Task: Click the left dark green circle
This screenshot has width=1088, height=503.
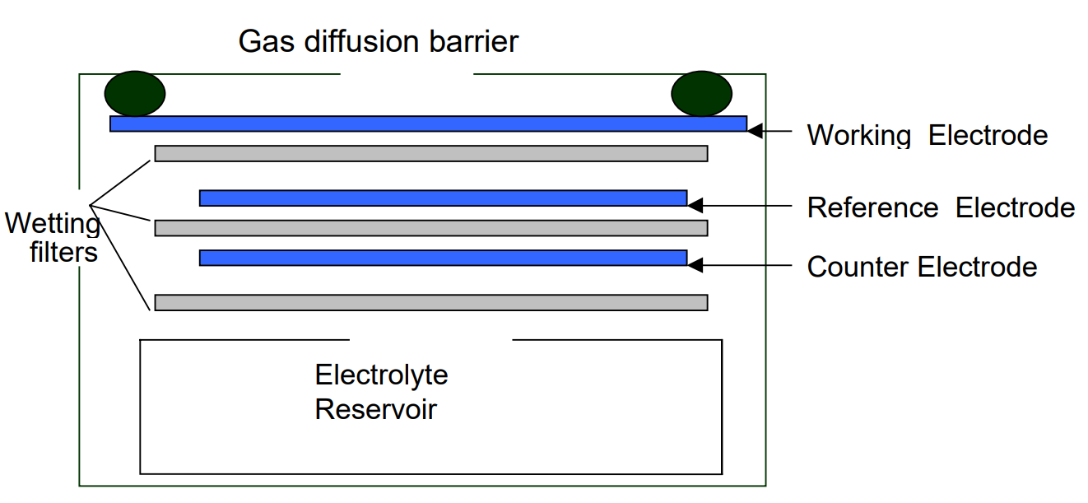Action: point(135,93)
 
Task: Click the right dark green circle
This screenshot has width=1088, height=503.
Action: point(701,93)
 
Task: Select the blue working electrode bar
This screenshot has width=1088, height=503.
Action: point(428,123)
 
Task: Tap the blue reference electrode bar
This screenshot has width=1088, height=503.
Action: point(443,198)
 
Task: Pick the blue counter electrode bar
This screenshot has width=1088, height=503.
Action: point(443,258)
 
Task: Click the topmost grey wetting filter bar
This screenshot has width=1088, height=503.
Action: point(431,153)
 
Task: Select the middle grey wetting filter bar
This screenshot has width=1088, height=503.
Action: point(431,227)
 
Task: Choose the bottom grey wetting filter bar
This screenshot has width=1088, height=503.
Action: point(431,302)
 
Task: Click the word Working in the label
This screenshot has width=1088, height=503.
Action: point(858,135)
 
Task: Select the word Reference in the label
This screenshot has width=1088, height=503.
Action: point(872,207)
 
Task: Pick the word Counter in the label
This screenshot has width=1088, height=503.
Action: point(858,267)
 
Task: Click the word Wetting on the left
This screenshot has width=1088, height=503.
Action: point(53,224)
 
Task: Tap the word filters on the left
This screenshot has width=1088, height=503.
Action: point(63,251)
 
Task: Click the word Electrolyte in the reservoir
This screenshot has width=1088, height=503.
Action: point(381,375)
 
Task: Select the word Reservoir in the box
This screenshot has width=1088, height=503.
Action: point(375,409)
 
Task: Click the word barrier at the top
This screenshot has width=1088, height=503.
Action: point(472,41)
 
